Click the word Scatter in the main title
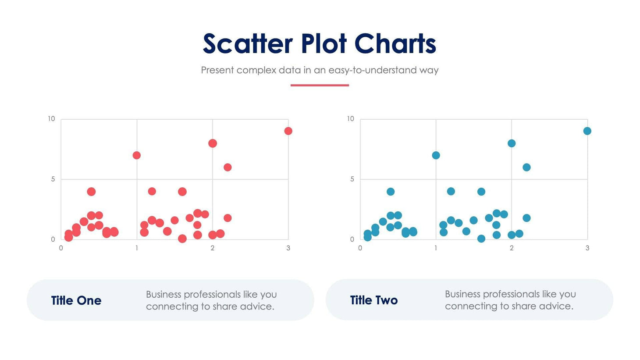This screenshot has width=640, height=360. point(248,44)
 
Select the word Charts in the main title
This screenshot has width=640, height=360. point(395,44)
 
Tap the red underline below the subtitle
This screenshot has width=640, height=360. point(320,85)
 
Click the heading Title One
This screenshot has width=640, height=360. point(76,300)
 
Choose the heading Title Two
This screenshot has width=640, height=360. point(374,300)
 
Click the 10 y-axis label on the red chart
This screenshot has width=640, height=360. point(51,119)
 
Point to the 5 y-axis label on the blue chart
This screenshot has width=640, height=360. point(352,179)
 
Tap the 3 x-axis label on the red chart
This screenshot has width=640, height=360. point(288,248)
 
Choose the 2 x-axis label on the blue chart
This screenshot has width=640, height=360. point(512,248)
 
